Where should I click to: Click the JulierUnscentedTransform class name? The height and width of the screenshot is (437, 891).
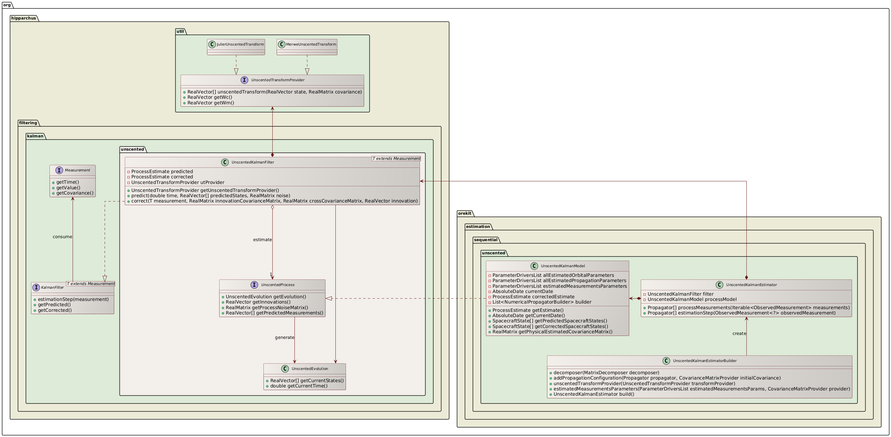(240, 44)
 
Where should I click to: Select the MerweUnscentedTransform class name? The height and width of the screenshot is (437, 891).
(311, 44)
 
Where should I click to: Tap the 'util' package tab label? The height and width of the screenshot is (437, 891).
(180, 31)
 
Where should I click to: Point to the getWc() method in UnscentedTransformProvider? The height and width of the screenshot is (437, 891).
(210, 97)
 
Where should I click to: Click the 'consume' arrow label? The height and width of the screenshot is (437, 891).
(62, 237)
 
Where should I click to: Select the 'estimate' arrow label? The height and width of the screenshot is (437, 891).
(262, 240)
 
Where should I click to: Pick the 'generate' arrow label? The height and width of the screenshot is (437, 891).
(284, 338)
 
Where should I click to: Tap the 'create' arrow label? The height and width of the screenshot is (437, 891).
(739, 334)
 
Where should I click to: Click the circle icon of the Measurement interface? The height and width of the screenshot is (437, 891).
(59, 170)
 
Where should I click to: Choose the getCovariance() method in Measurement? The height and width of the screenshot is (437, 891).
(75, 193)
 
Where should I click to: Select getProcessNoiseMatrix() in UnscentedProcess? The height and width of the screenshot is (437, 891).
(266, 308)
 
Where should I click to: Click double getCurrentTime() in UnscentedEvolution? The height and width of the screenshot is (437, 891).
(298, 386)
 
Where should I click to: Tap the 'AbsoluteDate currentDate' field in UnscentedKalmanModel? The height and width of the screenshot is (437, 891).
(522, 291)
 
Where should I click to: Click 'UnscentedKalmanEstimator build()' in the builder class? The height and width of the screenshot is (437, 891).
(594, 394)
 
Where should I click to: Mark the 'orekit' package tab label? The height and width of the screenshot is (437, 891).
(464, 213)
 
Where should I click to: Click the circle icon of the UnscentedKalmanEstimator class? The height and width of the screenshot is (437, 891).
(719, 285)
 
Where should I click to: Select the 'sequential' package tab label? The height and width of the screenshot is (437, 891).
(486, 240)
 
